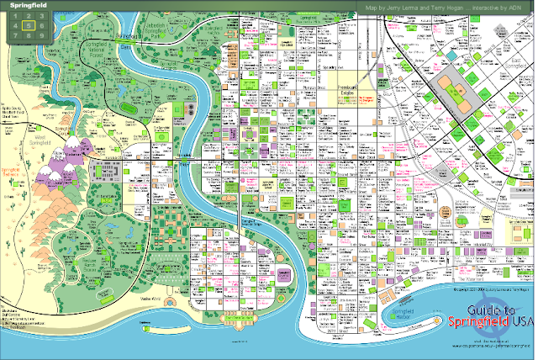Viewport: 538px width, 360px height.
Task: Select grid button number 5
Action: tap(29, 25)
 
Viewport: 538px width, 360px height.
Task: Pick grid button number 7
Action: tap(16, 35)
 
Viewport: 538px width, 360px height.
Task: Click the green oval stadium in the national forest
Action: tap(128, 109)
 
